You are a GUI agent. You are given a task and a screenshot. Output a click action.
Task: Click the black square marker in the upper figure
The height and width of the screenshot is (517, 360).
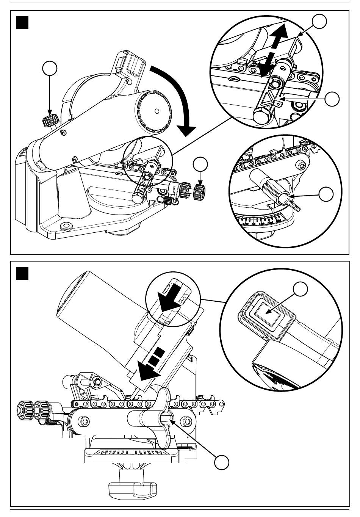tap(23, 23)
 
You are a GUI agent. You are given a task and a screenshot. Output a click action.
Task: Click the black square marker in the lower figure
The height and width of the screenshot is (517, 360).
tap(23, 273)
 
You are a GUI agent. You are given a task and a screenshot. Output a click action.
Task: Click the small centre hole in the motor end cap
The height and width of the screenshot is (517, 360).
tap(157, 111)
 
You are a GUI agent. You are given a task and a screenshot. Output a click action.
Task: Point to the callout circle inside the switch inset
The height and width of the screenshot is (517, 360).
tap(300, 290)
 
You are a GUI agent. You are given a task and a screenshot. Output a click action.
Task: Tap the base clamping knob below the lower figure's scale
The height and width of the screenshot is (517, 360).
tap(133, 485)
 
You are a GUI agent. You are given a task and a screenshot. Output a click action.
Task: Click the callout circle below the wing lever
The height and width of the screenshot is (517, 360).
tap(222, 463)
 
